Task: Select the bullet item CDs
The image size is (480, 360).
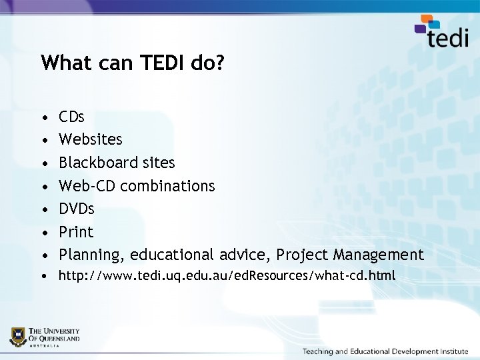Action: coord(71,117)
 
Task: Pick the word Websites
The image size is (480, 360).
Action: coord(91,139)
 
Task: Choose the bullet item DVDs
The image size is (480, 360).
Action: coord(77,209)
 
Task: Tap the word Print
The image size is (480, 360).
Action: coord(76,232)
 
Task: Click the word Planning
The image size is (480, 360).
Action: coord(91,255)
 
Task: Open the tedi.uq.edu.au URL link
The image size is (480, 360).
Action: coord(227,275)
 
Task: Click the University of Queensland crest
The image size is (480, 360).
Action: coord(19,336)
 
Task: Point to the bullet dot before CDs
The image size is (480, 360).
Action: coord(44,118)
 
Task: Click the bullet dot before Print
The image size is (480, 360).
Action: coord(44,233)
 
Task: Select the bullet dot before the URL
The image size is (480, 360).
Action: coord(44,276)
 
